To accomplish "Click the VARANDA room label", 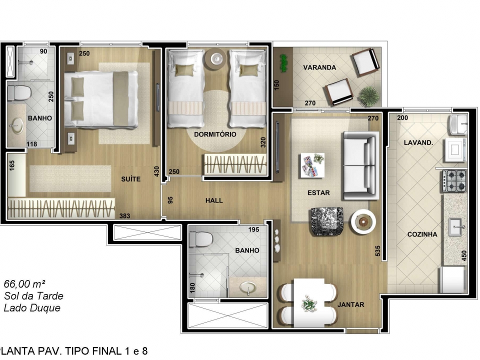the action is click(319, 67).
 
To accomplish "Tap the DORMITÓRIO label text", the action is click(215, 134).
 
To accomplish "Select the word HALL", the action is click(214, 200).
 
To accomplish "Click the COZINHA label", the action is click(422, 234).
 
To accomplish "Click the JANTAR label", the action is click(351, 304).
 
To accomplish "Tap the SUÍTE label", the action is click(130, 179).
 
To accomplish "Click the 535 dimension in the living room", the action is click(377, 251).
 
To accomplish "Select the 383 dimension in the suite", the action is click(124, 216).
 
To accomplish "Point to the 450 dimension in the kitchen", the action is click(464, 256).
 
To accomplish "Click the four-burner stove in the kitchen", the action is click(454, 181).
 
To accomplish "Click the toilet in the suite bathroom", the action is click(19, 93).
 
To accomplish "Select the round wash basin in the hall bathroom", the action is click(248, 288).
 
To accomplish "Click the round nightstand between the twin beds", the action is click(215, 58).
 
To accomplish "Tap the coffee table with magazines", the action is click(312, 165).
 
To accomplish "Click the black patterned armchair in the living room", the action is click(326, 221).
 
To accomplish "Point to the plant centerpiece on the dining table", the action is click(309, 303).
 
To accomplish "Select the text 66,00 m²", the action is click(25, 284).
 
